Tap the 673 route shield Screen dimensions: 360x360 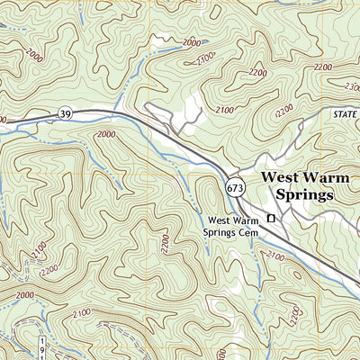(x=235, y=187)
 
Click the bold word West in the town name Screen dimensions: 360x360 (x=280, y=177)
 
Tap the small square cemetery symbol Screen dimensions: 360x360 (x=270, y=219)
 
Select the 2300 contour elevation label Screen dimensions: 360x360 (x=348, y=86)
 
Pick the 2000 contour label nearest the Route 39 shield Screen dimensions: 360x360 (x=106, y=134)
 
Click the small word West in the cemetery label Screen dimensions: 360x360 (x=218, y=220)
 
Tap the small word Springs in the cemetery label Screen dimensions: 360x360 (x=220, y=232)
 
